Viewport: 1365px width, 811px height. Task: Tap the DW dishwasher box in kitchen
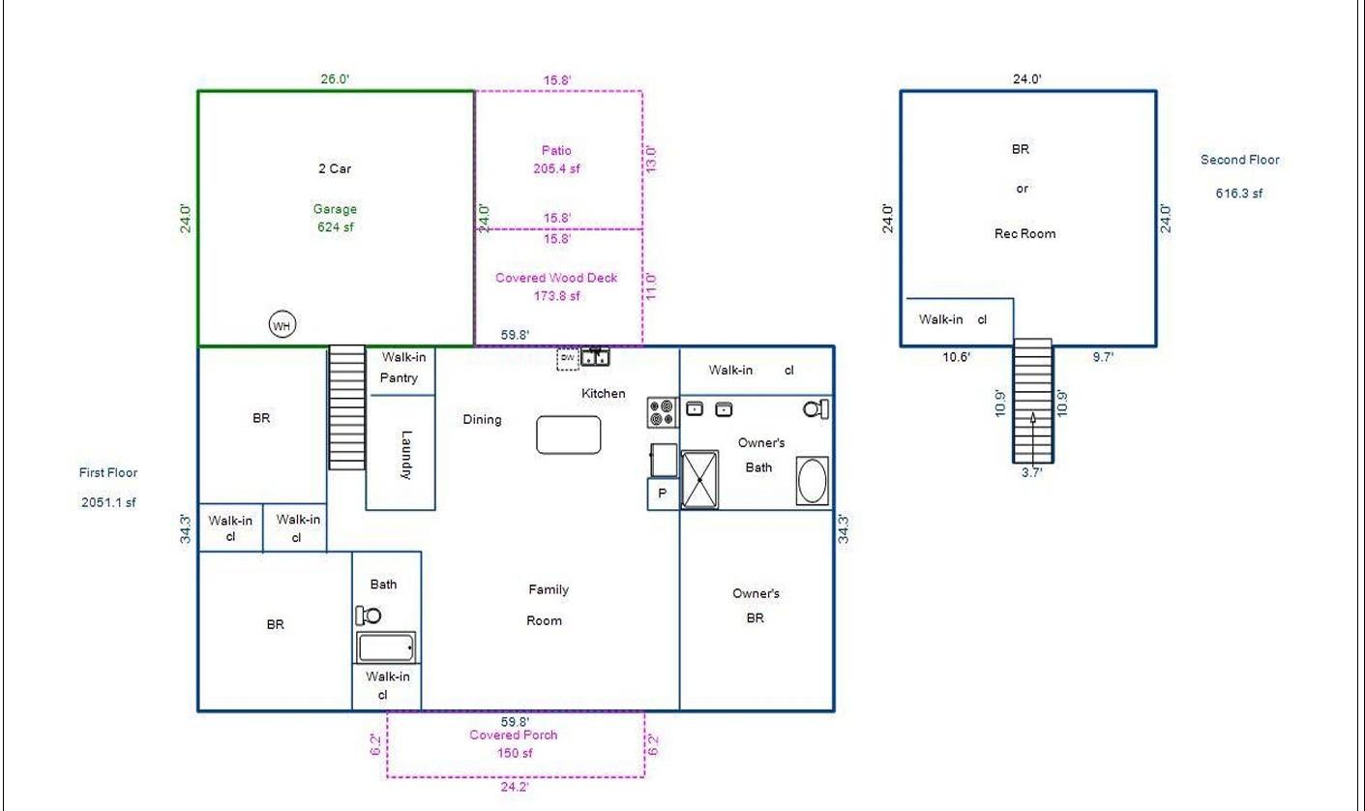[568, 358]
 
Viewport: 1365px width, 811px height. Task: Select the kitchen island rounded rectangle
[569, 435]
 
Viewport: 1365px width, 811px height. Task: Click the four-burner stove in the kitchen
[663, 412]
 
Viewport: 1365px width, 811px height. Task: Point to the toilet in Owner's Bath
[816, 408]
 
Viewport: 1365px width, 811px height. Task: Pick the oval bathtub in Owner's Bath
[813, 481]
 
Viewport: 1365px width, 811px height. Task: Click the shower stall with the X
[699, 480]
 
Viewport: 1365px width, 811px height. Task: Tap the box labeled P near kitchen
[663, 494]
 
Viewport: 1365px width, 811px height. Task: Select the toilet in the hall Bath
[369, 616]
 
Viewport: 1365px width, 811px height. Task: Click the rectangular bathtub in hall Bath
[386, 647]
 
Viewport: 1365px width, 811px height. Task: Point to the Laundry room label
[406, 455]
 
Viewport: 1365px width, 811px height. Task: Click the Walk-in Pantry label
[402, 367]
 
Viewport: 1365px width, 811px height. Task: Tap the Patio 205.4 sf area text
[556, 159]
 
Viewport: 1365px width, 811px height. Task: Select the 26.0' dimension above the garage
[335, 79]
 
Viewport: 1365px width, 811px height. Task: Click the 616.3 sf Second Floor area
[1239, 194]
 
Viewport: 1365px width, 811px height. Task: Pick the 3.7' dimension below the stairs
[1031, 472]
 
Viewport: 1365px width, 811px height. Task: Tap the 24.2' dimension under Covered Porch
[515, 787]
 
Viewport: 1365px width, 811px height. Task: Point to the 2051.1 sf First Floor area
[108, 502]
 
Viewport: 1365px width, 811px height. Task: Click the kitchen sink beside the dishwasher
[595, 357]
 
